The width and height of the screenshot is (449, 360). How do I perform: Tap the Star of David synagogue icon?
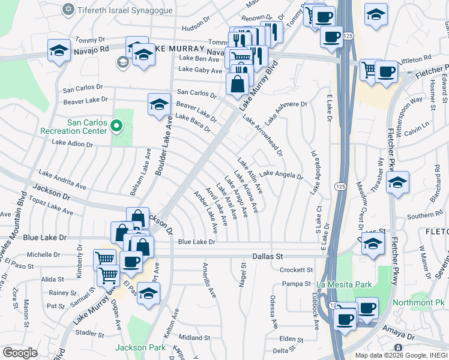(68, 10)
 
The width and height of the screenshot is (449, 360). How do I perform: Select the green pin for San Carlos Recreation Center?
(118, 126)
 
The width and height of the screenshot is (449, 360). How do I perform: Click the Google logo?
(20, 353)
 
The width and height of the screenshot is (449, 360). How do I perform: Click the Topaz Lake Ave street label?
(53, 208)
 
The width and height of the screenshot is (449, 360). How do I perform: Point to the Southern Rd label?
(424, 215)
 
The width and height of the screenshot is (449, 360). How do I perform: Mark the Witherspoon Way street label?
(410, 109)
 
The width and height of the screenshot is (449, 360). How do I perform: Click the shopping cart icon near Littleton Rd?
(369, 70)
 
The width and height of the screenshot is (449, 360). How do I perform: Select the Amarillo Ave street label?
(209, 281)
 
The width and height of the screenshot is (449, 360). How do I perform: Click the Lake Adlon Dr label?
(73, 143)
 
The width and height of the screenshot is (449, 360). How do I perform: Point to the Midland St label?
(193, 338)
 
